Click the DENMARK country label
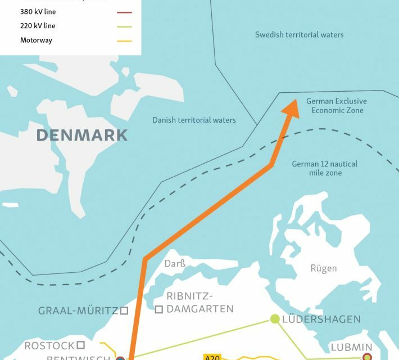(82, 135)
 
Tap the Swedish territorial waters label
(299, 35)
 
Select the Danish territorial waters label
(194, 120)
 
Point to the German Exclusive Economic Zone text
(336, 106)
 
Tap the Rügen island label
(324, 268)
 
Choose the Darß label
(175, 263)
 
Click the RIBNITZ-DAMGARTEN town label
(199, 303)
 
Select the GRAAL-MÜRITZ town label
(78, 310)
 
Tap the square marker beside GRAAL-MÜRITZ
(124, 310)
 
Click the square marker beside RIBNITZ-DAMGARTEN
(159, 309)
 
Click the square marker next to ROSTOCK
(81, 344)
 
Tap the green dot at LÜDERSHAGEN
(275, 319)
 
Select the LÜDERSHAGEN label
(321, 319)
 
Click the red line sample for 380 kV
(125, 11)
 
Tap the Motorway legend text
(36, 40)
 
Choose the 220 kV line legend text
(38, 26)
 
